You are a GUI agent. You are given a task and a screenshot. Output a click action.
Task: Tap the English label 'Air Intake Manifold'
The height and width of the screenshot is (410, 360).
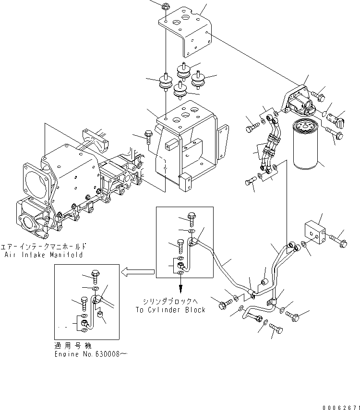click(44, 255)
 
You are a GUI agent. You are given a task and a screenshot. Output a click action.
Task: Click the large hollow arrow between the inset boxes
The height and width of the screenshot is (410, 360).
click(137, 272)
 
